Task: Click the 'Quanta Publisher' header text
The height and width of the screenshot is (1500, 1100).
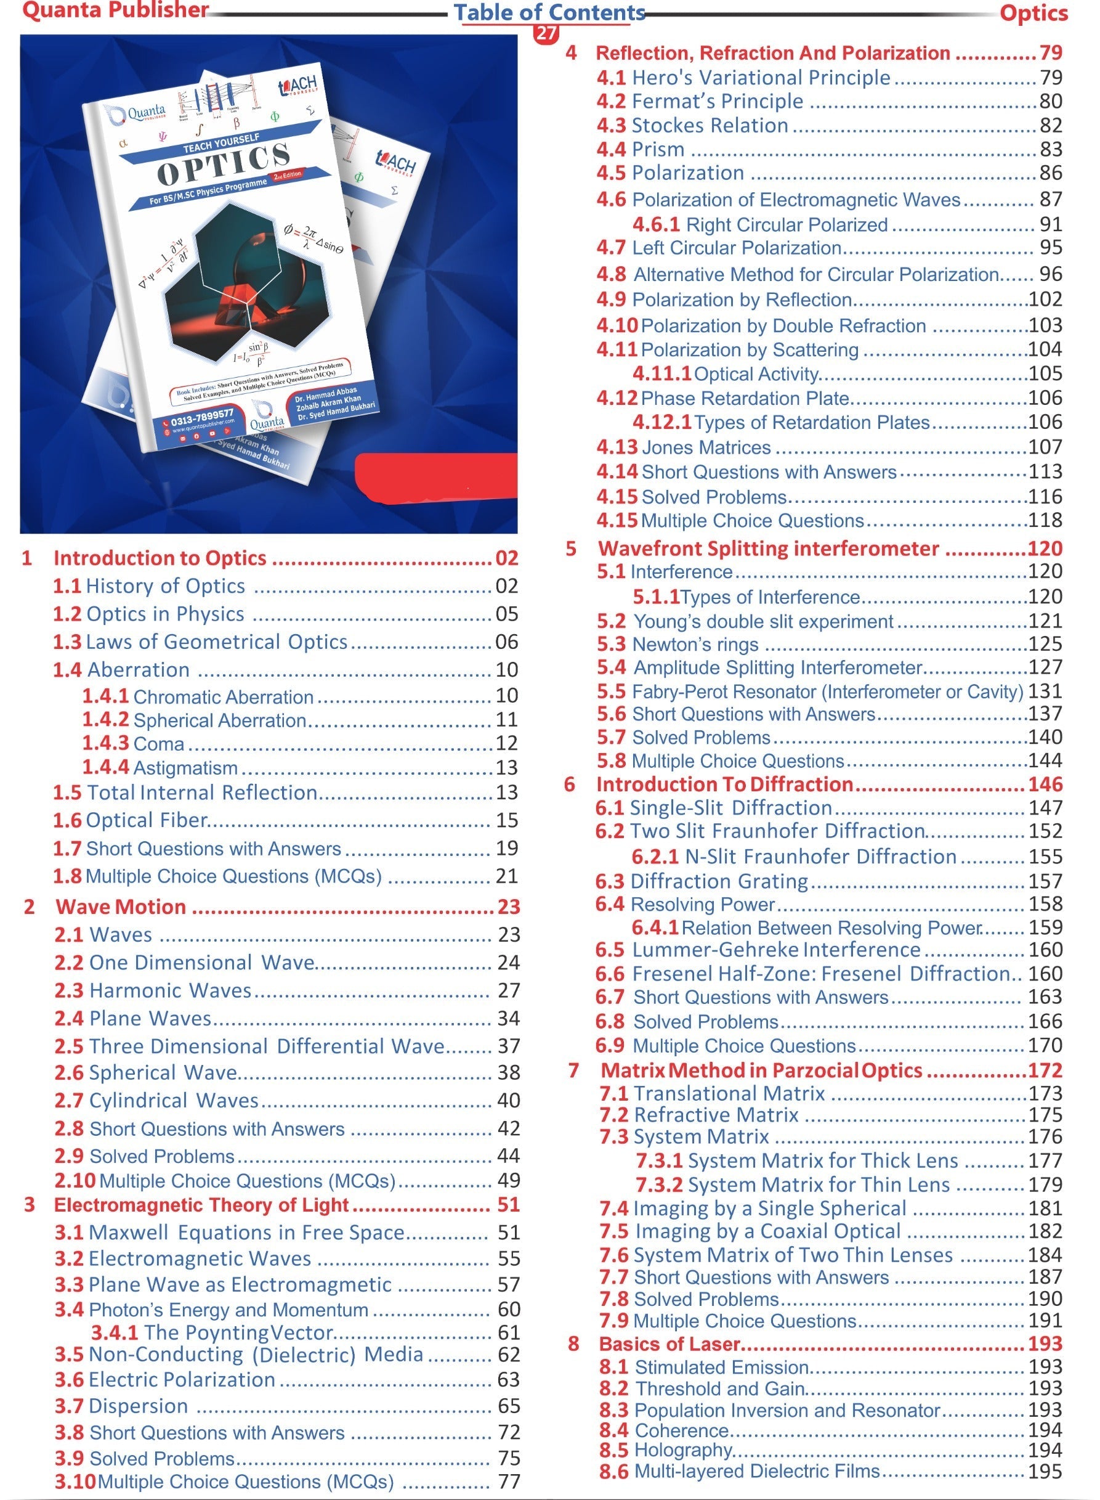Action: coord(115,10)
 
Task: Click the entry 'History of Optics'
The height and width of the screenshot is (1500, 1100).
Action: coord(165,585)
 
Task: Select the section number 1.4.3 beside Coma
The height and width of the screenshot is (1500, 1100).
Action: coord(105,743)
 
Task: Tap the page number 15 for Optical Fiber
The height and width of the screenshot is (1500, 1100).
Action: coord(506,820)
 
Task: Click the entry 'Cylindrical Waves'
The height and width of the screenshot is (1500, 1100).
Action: coord(174,1101)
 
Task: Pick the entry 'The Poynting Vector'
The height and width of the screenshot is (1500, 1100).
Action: coord(238,1332)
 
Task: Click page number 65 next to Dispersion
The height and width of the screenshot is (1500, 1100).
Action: coord(509,1406)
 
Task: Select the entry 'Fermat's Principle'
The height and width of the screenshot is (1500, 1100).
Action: coord(717,101)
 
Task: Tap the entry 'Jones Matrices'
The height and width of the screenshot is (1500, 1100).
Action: coord(706,447)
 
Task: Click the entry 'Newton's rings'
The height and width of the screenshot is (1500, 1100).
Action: coord(695,644)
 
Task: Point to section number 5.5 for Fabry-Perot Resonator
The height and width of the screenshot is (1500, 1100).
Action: coord(610,691)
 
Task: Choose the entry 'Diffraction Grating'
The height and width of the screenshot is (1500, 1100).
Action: coord(719,881)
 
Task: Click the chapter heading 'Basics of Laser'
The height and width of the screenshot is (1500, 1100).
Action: coord(669,1343)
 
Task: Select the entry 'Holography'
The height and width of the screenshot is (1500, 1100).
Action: coord(682,1450)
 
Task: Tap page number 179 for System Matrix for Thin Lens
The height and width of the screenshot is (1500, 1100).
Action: coord(1045,1184)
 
